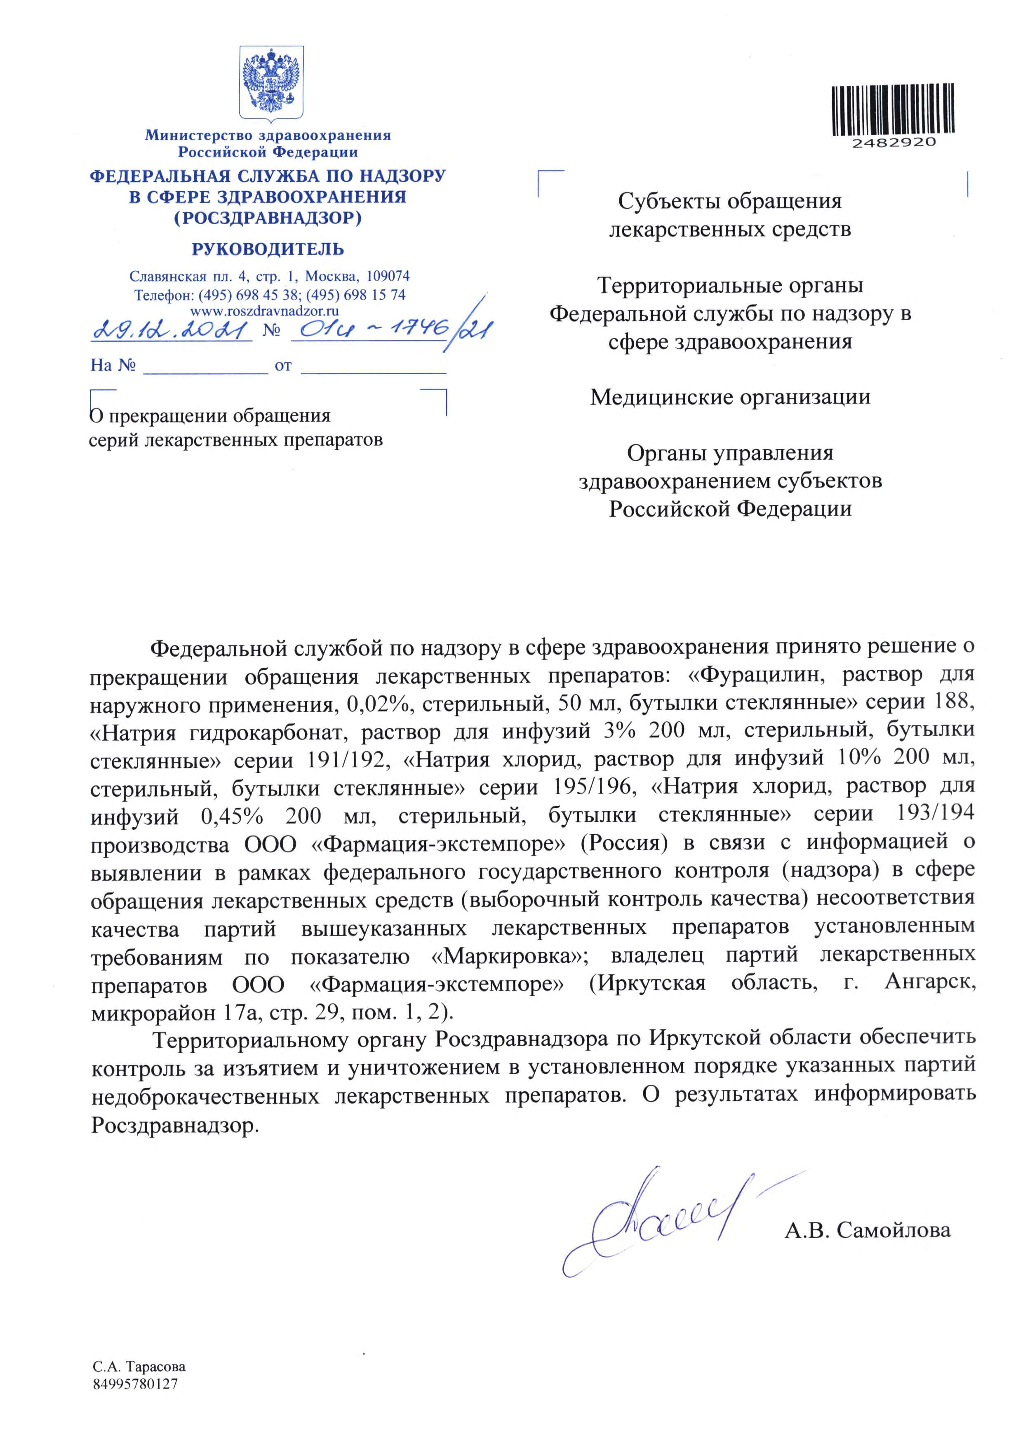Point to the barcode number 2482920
point(894,143)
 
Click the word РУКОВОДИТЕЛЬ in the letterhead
point(268,249)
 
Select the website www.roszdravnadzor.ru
point(265,310)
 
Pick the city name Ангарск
point(929,982)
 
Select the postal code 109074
point(388,276)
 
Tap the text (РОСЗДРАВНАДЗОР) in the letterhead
point(268,218)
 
